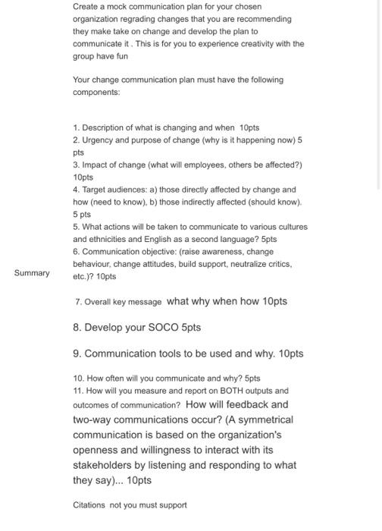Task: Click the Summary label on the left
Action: (31, 273)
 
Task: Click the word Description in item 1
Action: (107, 128)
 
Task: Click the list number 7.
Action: (78, 302)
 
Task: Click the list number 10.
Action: (78, 378)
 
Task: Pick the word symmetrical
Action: (256, 419)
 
